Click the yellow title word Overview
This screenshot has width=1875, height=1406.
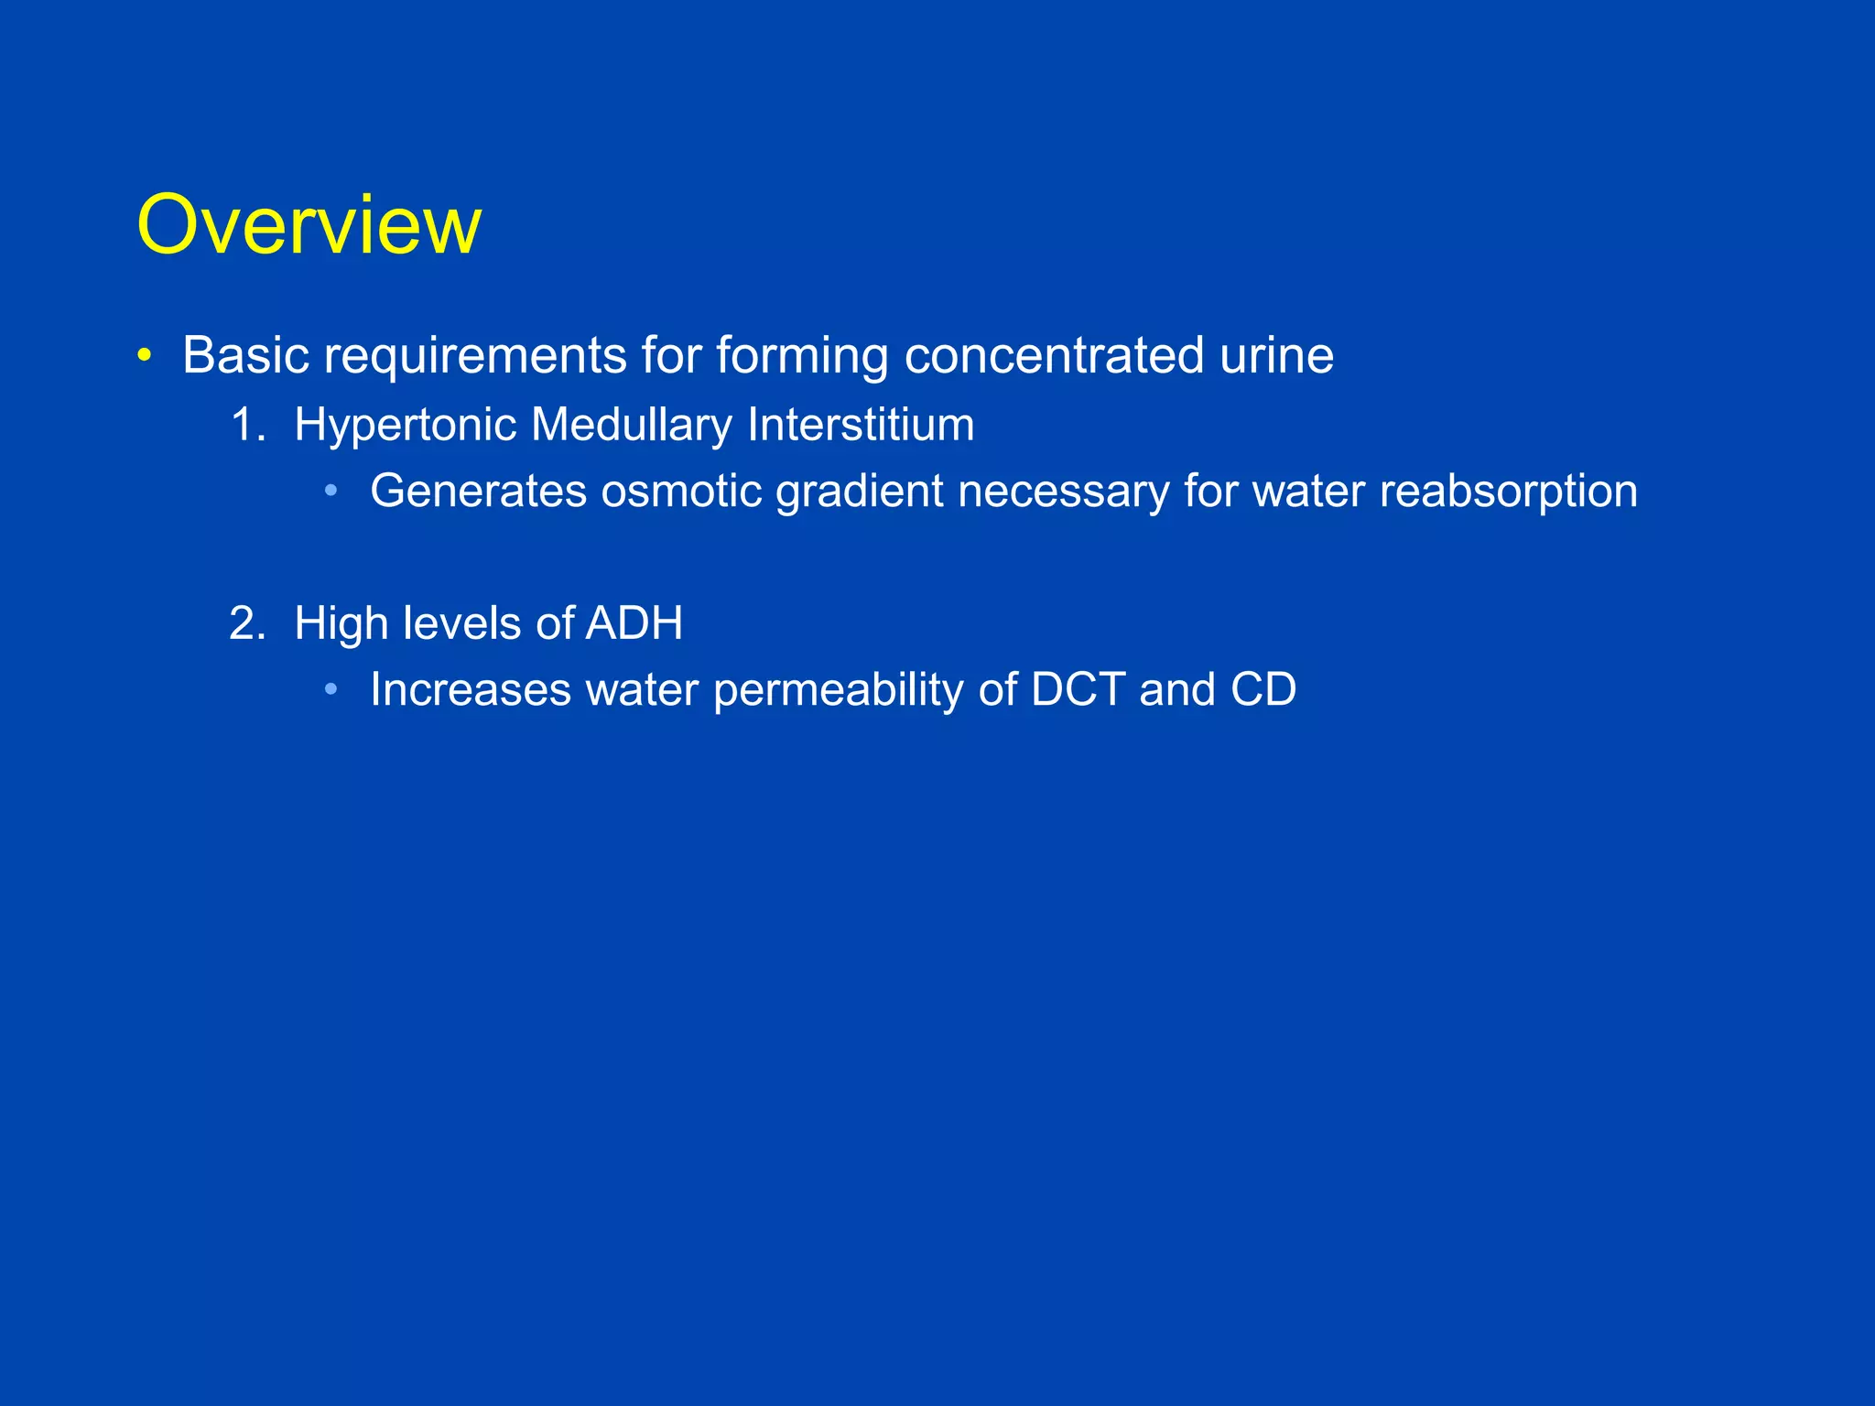pos(309,225)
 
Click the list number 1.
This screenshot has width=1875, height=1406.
pos(247,426)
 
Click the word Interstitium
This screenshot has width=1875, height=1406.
pos(861,426)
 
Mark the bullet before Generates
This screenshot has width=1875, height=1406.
pos(331,492)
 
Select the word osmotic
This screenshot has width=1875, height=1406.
pos(681,492)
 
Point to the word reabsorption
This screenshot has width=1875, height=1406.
pos(1508,492)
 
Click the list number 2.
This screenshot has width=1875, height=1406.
pos(247,624)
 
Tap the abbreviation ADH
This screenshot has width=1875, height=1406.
pos(634,624)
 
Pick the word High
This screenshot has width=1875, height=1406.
pos(341,624)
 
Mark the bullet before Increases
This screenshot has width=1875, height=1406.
pos(331,689)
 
